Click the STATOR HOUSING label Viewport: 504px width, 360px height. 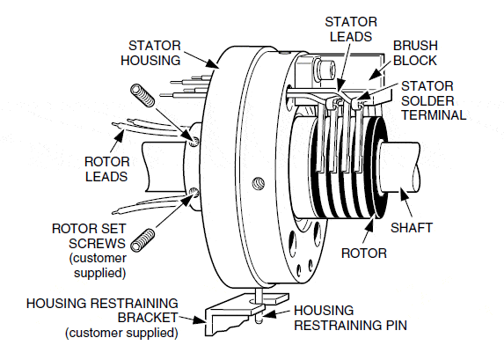tap(154, 52)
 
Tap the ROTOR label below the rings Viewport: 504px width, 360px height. tap(364, 253)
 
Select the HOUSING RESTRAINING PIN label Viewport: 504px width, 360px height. tap(348, 318)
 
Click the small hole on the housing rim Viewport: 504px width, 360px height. tap(258, 183)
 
